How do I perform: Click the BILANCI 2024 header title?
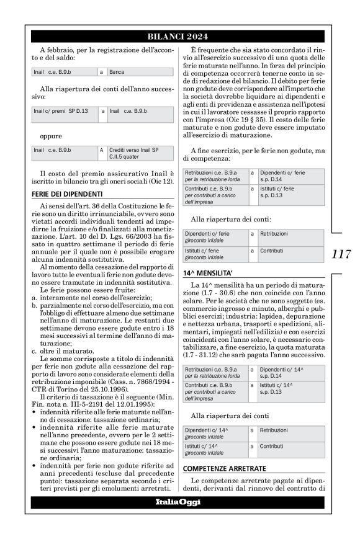[178, 37]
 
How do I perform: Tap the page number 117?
[341, 254]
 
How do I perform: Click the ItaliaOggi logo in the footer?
[178, 502]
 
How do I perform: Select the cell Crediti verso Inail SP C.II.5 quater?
[133, 153]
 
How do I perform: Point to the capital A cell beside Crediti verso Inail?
[101, 150]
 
